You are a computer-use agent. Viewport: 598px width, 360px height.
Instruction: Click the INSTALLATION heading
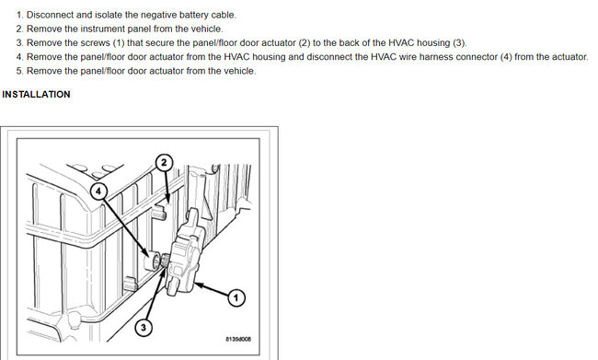[36, 94]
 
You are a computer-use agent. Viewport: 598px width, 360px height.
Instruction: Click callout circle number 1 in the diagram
[236, 297]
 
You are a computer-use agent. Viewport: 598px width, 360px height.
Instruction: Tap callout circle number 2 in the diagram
[164, 163]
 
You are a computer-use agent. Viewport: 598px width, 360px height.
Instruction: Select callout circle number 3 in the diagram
[144, 327]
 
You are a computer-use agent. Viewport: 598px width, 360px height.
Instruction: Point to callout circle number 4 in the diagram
[98, 191]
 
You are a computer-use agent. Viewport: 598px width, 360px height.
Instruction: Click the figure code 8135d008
[238, 339]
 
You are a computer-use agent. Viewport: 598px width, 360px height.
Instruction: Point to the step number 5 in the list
[20, 71]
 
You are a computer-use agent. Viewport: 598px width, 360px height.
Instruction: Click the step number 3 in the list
[20, 42]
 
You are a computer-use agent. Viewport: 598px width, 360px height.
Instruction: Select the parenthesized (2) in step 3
[305, 42]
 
